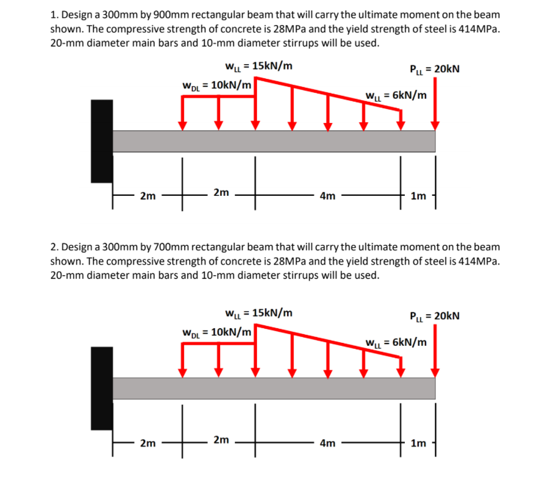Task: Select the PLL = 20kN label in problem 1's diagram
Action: [x=434, y=69]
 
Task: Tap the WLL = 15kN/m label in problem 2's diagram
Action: [x=258, y=313]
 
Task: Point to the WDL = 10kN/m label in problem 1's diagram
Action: [x=217, y=85]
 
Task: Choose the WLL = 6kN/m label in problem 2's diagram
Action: [x=396, y=342]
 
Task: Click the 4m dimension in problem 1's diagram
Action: [x=327, y=196]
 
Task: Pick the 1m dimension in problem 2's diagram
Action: [x=418, y=444]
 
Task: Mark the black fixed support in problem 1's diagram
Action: [x=102, y=141]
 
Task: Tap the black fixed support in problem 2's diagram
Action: [x=102, y=388]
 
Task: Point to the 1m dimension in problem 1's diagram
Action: [x=418, y=196]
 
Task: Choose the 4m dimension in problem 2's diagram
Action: [x=327, y=444]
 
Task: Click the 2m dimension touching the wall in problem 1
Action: [x=148, y=196]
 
